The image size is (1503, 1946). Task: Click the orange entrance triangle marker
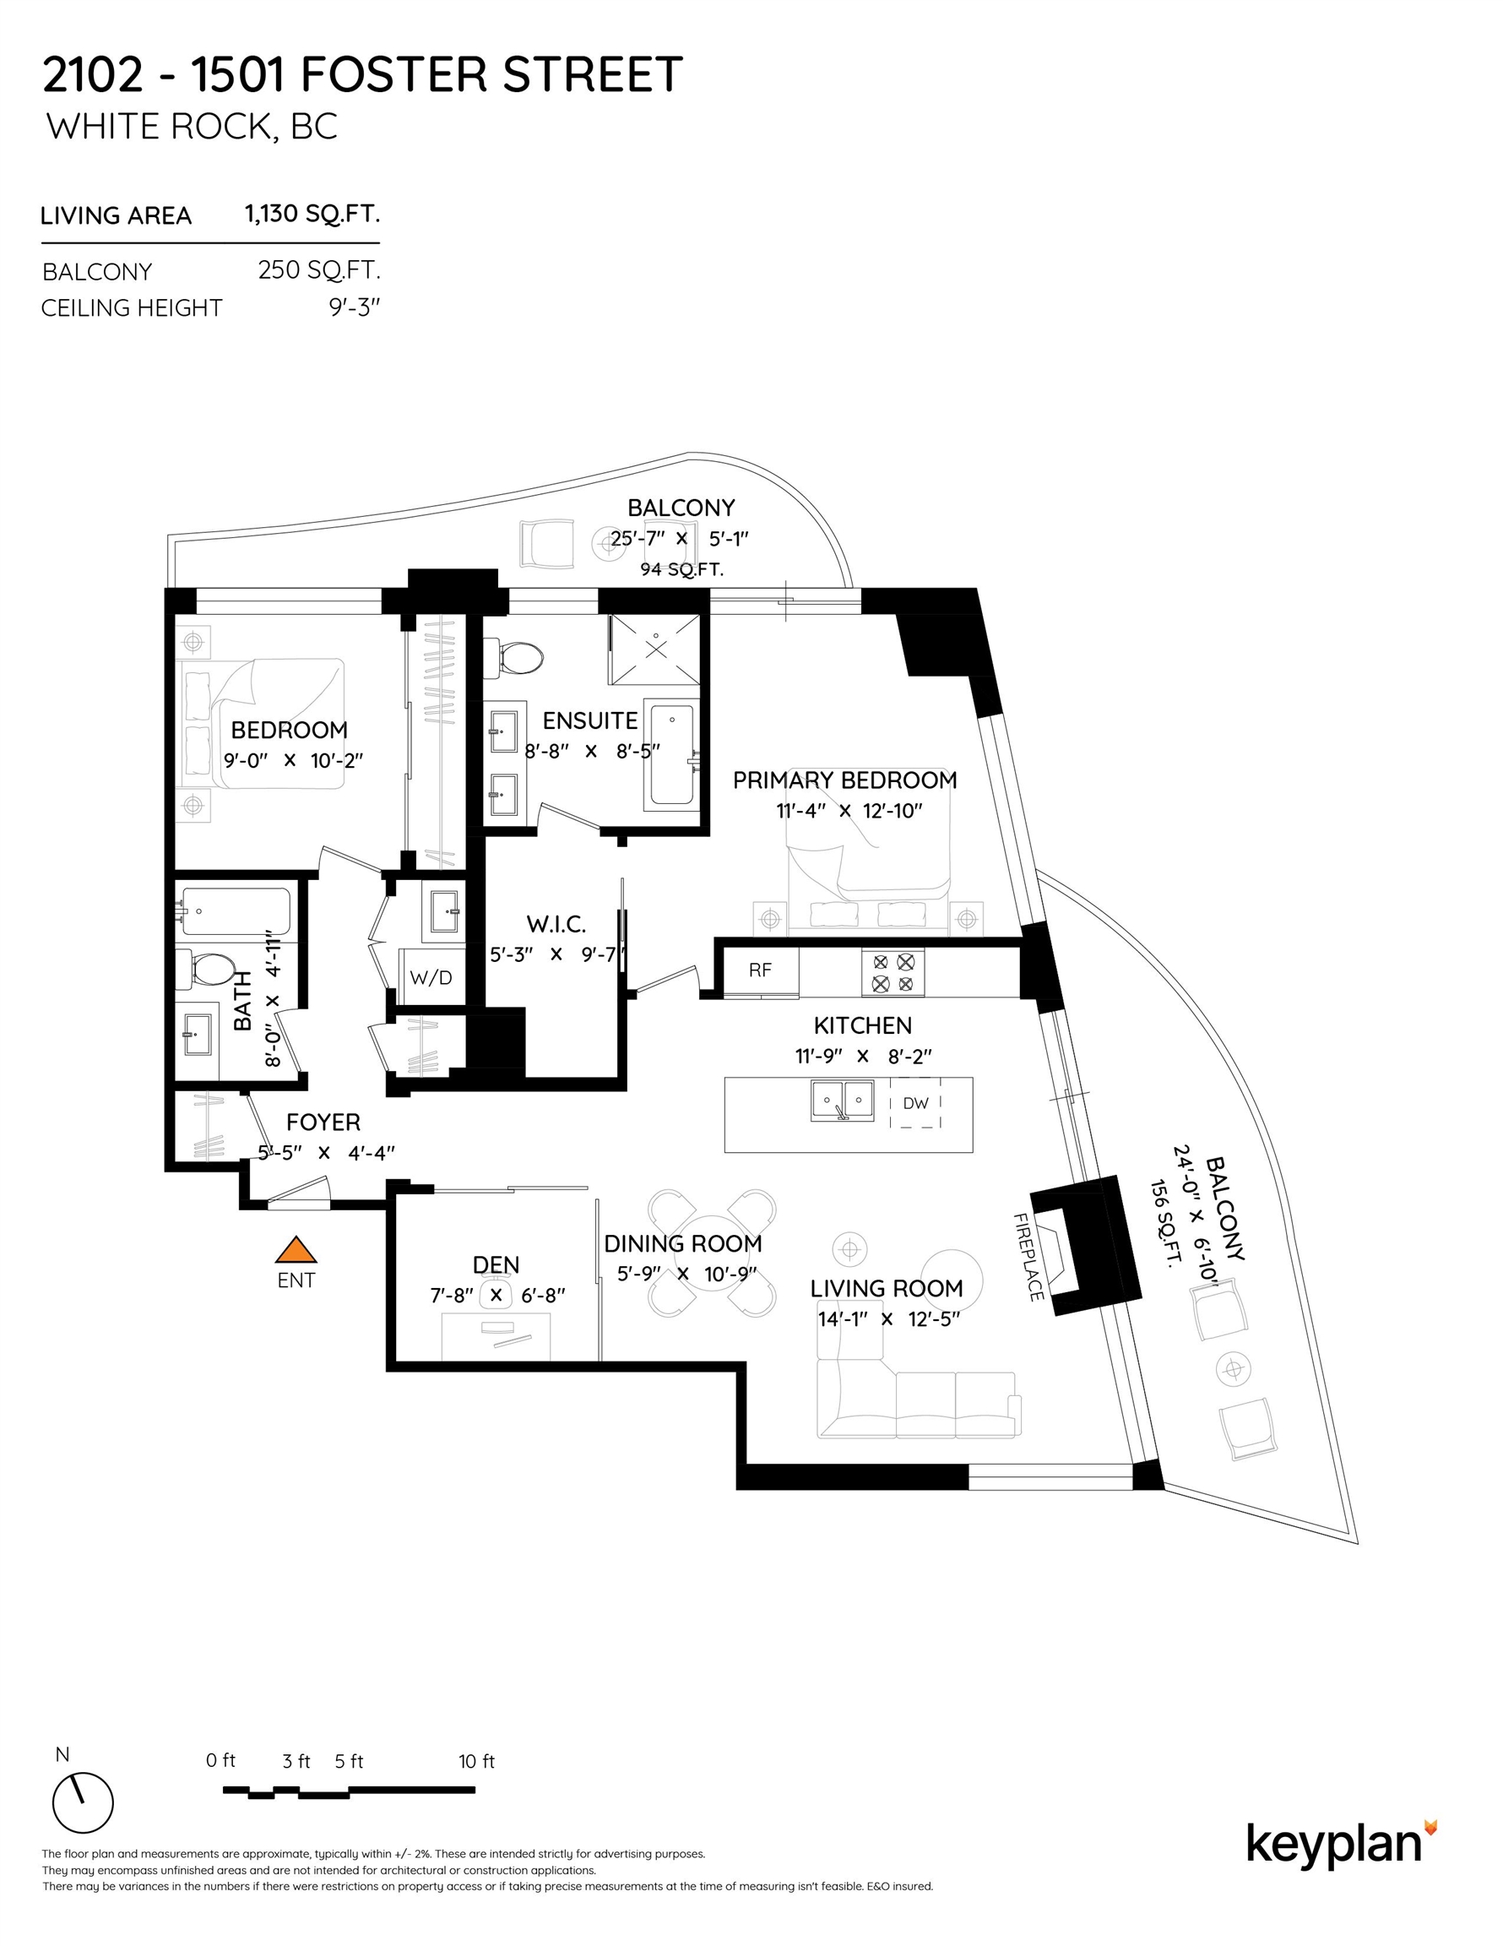tap(296, 1250)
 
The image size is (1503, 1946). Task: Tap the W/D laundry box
tap(431, 977)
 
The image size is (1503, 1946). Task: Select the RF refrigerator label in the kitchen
tap(760, 970)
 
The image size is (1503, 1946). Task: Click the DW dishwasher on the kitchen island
tap(915, 1103)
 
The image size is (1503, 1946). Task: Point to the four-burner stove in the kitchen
tap(893, 973)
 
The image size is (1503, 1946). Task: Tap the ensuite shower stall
tap(655, 650)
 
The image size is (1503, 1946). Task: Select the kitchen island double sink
tap(842, 1101)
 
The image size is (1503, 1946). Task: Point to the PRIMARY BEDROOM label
tap(844, 780)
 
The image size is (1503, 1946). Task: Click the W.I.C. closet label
tap(556, 924)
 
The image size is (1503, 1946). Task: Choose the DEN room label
tap(496, 1264)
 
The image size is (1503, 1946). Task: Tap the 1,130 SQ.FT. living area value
tap(312, 214)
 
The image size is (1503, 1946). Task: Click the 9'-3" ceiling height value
tap(355, 307)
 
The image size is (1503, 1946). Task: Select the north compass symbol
tap(83, 1802)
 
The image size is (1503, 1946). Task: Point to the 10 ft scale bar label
tap(476, 1761)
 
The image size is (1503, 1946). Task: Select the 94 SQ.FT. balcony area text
tap(681, 569)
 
